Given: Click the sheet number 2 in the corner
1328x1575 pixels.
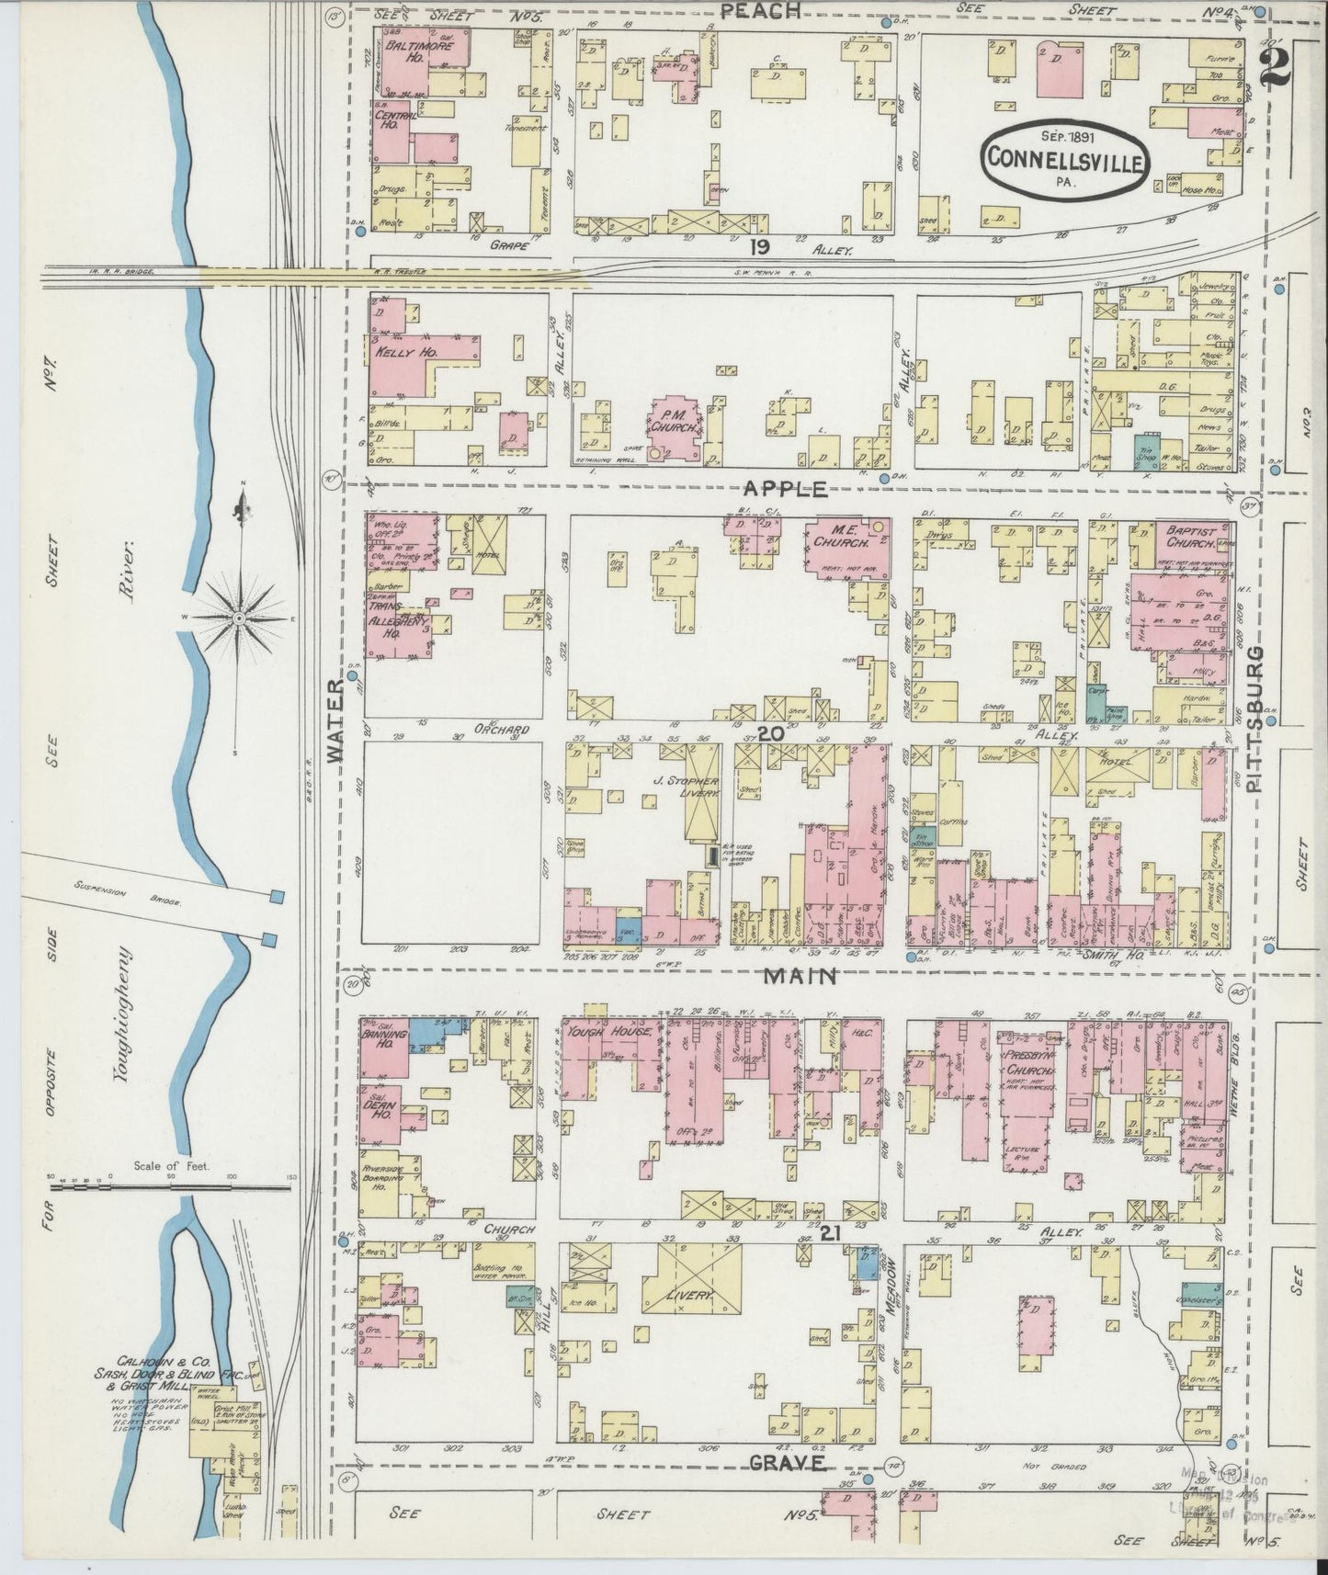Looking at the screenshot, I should pyautogui.click(x=1278, y=67).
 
